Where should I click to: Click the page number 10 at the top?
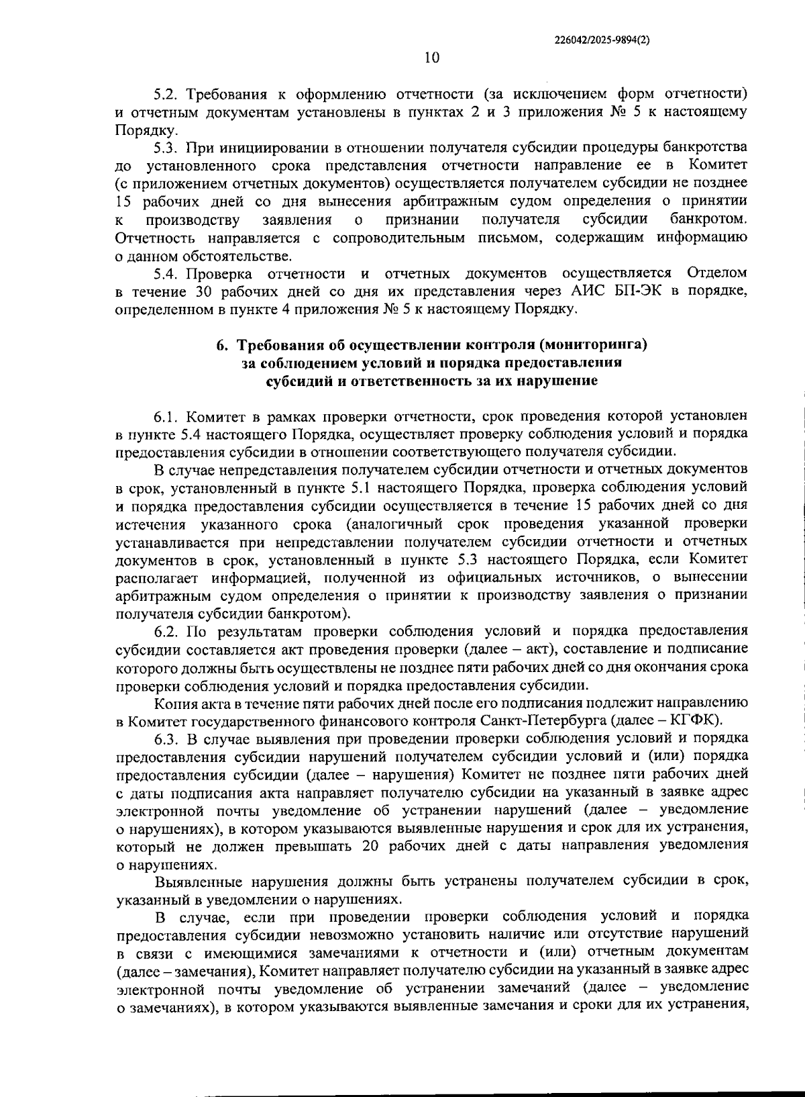pos(431,58)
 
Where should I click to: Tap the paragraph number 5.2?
pos(166,93)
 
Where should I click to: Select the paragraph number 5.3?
pos(166,146)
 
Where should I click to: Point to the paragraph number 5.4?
pos(166,273)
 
